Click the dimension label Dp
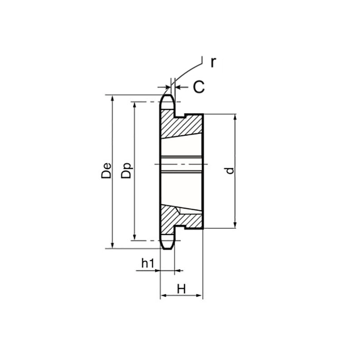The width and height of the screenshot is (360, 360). pyautogui.click(x=126, y=171)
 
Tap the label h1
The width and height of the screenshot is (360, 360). pyautogui.click(x=148, y=263)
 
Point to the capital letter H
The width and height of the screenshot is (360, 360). pyautogui.click(x=181, y=289)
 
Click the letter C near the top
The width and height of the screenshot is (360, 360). pyautogui.click(x=199, y=87)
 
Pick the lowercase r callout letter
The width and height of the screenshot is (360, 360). pyautogui.click(x=213, y=62)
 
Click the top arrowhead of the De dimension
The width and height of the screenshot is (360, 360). pyautogui.click(x=112, y=98)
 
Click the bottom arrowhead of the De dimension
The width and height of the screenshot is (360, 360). pyautogui.click(x=112, y=245)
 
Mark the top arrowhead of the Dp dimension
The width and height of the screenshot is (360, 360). pyautogui.click(x=134, y=104)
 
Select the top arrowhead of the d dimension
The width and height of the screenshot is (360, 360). pyautogui.click(x=235, y=117)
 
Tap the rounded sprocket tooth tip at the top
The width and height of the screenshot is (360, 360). pyautogui.click(x=167, y=97)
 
